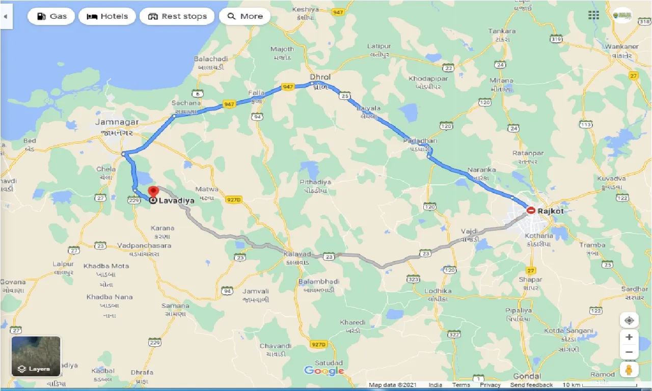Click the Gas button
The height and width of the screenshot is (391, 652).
click(51, 16)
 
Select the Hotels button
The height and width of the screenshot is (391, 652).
click(107, 16)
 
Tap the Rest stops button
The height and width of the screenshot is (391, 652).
click(177, 16)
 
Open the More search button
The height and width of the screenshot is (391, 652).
click(244, 16)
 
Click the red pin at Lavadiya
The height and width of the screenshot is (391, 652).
click(153, 192)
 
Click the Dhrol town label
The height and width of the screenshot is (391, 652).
click(320, 77)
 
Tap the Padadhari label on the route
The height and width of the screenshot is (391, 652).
click(420, 141)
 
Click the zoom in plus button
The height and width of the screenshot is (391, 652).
click(629, 337)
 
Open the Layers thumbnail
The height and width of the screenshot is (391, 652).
click(36, 356)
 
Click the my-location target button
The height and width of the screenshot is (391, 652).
click(629, 320)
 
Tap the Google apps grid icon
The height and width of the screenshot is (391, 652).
click(593, 15)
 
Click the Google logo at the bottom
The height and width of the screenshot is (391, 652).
click(324, 371)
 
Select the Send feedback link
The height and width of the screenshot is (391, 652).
click(532, 385)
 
